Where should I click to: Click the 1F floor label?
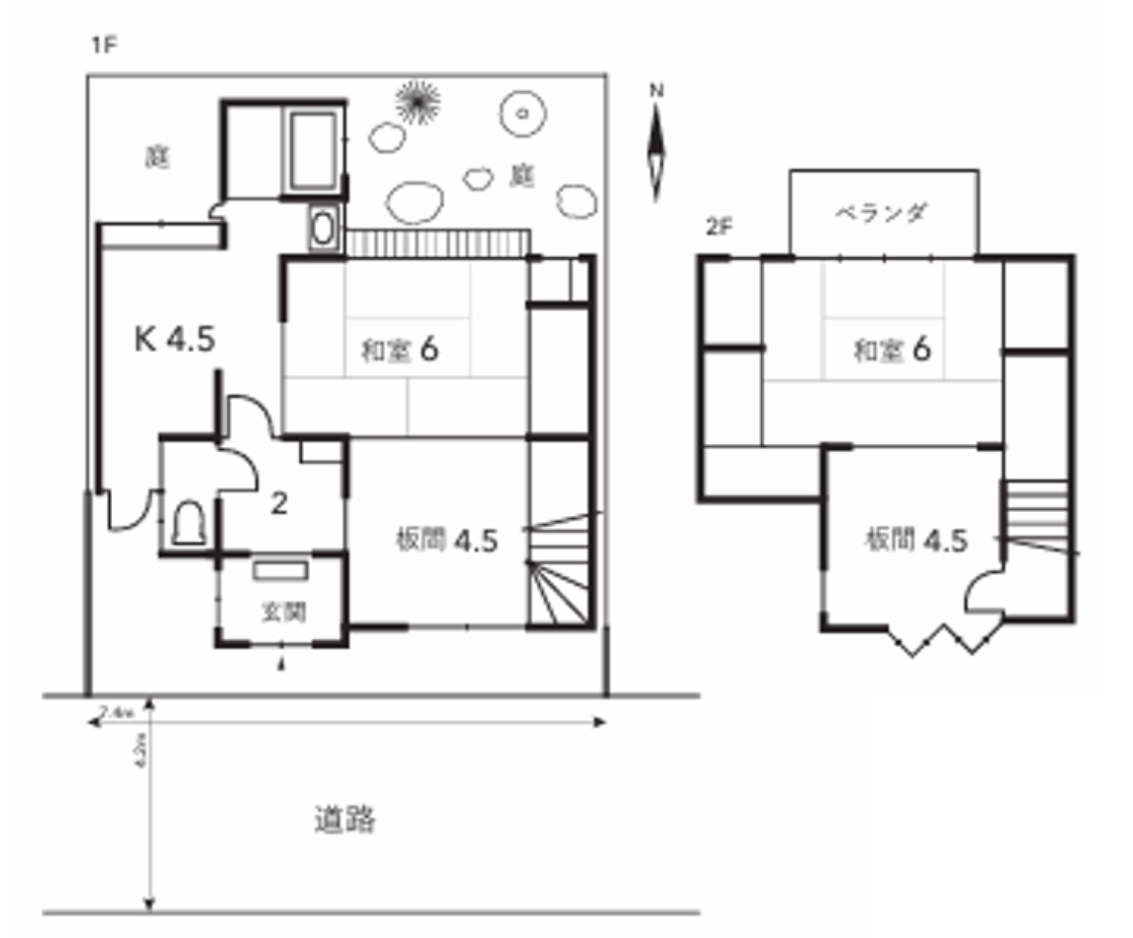[104, 45]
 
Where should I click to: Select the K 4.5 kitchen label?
[174, 339]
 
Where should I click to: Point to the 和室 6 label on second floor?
[892, 350]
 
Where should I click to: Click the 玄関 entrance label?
[283, 612]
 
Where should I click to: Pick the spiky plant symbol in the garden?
[417, 101]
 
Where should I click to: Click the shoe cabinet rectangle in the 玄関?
[280, 570]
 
